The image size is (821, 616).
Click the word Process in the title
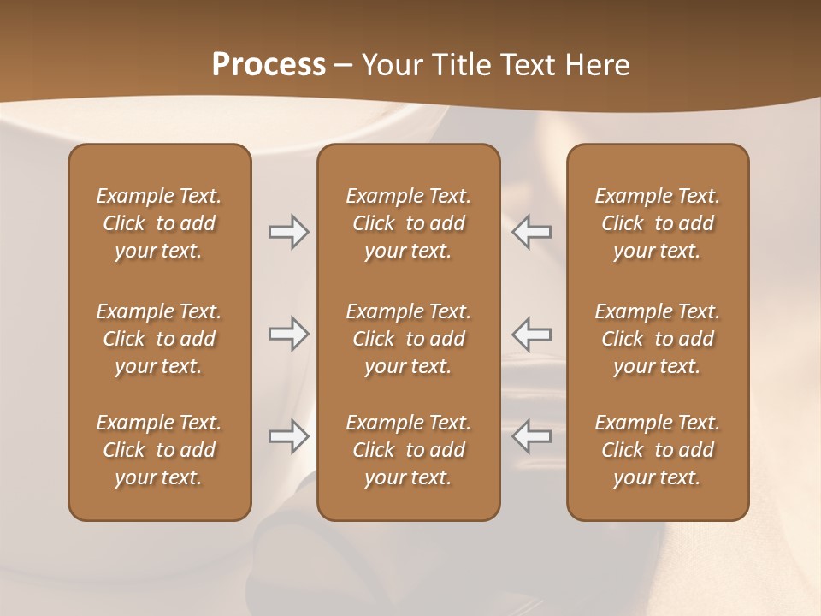(269, 65)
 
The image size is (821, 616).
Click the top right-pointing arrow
(288, 231)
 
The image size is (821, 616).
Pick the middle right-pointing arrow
(288, 334)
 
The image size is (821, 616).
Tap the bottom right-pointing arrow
(288, 436)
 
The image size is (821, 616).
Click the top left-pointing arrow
(532, 231)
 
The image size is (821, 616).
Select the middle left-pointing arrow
(532, 334)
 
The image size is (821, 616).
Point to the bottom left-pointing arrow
(532, 436)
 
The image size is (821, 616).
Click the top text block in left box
(159, 223)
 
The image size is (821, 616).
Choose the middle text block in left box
(159, 339)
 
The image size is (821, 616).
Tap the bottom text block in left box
(159, 450)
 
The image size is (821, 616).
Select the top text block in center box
(408, 223)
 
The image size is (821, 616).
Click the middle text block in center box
(408, 339)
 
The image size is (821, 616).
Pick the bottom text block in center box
(408, 450)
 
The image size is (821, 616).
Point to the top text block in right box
(657, 223)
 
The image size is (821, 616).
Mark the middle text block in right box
(657, 339)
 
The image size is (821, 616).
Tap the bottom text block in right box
(657, 450)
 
